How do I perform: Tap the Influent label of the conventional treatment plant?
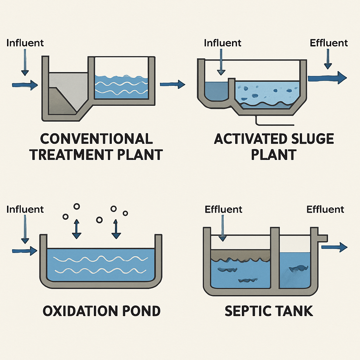25,43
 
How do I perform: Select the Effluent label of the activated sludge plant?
329,43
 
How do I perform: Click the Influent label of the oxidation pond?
25,209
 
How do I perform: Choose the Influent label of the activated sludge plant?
223,43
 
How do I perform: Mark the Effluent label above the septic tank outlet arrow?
325,209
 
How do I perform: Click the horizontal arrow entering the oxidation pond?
25,250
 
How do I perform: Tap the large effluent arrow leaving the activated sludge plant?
329,77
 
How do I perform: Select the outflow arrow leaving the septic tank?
334,247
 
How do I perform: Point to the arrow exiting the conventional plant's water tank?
172,84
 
